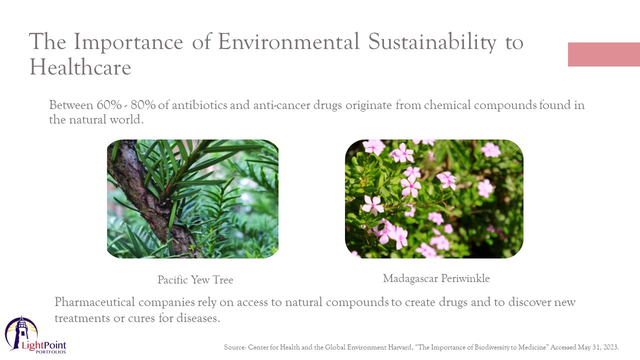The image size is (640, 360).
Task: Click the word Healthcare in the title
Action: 80,67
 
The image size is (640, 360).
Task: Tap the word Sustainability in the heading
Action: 432,42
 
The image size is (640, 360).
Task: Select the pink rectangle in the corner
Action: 604,54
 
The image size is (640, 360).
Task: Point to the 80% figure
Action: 143,105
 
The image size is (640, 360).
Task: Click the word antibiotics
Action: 199,105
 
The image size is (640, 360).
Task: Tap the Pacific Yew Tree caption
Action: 195,280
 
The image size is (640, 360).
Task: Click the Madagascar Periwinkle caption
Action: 436,278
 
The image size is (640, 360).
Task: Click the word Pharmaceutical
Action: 94,302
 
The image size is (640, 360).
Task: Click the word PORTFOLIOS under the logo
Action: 51,352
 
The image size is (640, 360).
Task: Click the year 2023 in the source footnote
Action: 611,347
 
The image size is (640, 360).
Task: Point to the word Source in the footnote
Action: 235,347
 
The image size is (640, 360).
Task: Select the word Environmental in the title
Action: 289,42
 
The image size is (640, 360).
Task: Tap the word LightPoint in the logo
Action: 44,345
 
